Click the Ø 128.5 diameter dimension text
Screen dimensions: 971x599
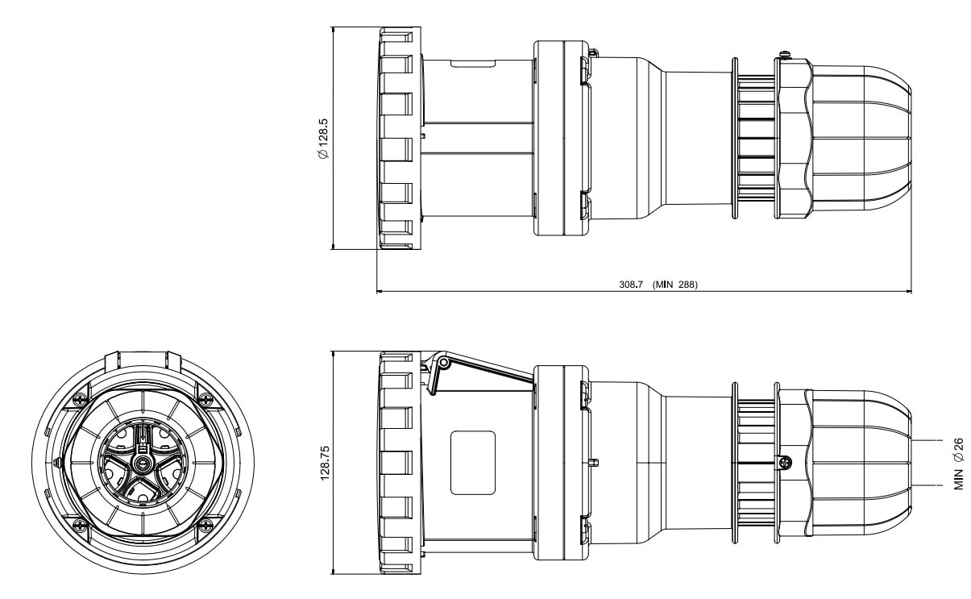pos(323,139)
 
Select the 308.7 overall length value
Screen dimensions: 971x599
pos(631,285)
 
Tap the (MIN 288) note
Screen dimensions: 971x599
pos(675,285)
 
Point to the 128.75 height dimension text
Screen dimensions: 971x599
pos(325,463)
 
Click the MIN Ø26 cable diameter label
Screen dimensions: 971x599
pos(959,464)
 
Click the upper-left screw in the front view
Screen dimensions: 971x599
pos(79,398)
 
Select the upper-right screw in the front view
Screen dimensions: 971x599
pos(206,398)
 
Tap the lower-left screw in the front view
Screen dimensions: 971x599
pos(79,526)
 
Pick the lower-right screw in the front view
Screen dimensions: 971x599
pos(206,526)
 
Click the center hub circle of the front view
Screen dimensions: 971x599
pos(142,464)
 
